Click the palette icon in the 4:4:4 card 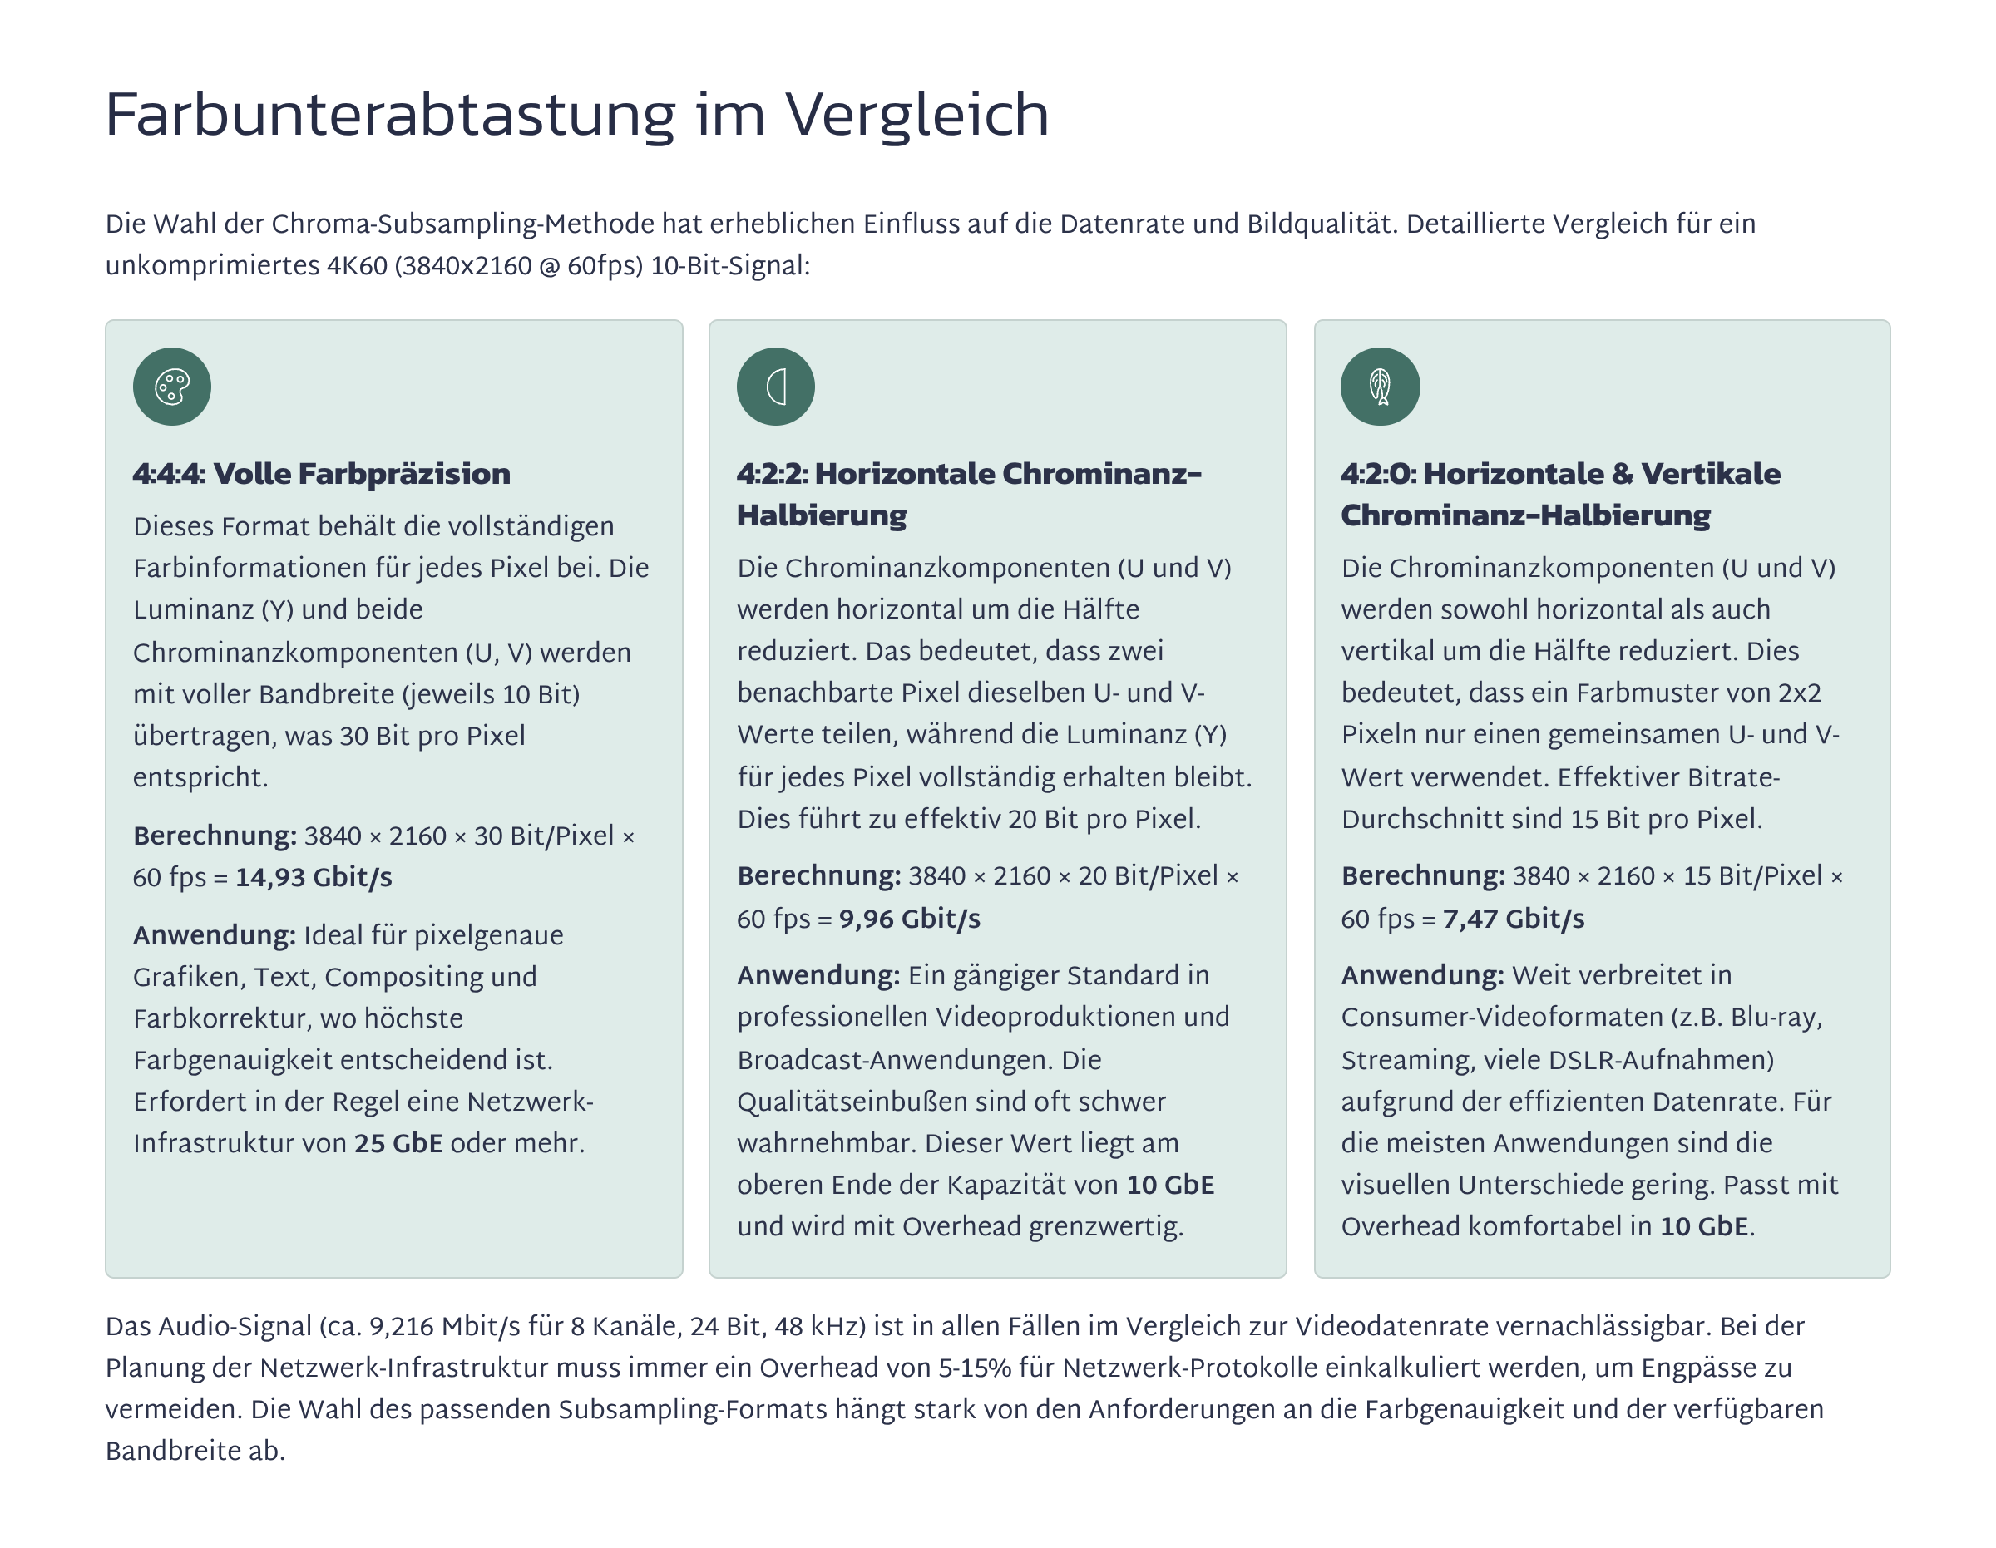click(x=172, y=387)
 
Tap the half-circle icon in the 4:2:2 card click(x=776, y=387)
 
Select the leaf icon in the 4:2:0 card click(x=1380, y=387)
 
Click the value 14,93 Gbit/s click(x=314, y=877)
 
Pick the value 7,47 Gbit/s click(x=1514, y=919)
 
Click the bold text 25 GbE click(x=398, y=1143)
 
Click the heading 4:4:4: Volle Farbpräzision click(x=322, y=473)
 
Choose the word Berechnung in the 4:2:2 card click(x=819, y=875)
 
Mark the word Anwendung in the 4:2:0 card click(x=1422, y=975)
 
